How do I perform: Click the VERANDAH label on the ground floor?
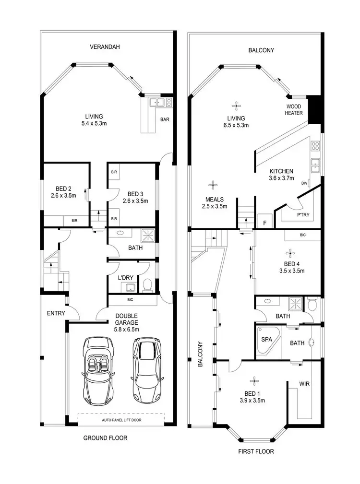[104, 47]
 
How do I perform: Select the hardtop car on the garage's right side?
[148, 371]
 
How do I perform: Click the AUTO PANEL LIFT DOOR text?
[121, 420]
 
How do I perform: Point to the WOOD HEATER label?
[294, 110]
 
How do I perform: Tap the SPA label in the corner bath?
[266, 339]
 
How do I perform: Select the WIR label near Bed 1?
[303, 384]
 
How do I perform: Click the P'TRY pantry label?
[303, 215]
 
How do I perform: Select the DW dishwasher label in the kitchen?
[304, 183]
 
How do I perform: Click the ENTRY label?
[56, 313]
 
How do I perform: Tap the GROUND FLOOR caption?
[105, 438]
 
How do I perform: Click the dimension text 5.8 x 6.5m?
[126, 330]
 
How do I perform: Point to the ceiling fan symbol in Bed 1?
[253, 381]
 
